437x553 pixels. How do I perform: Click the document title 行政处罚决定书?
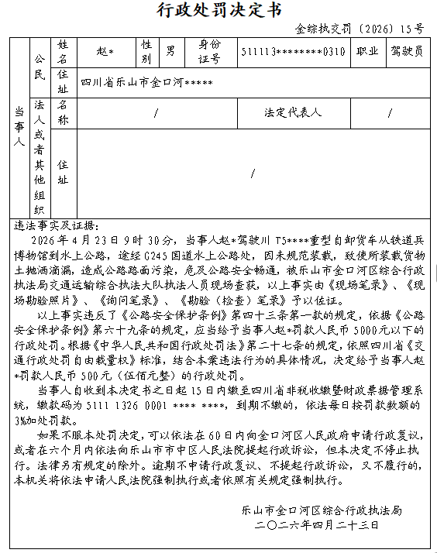coord(218,10)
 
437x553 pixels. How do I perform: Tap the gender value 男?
coord(170,52)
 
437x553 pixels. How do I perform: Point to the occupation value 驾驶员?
coord(406,52)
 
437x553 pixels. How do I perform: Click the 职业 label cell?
coord(367,52)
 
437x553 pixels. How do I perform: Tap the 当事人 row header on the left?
coord(19,128)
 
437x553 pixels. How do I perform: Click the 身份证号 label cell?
coord(209,52)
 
